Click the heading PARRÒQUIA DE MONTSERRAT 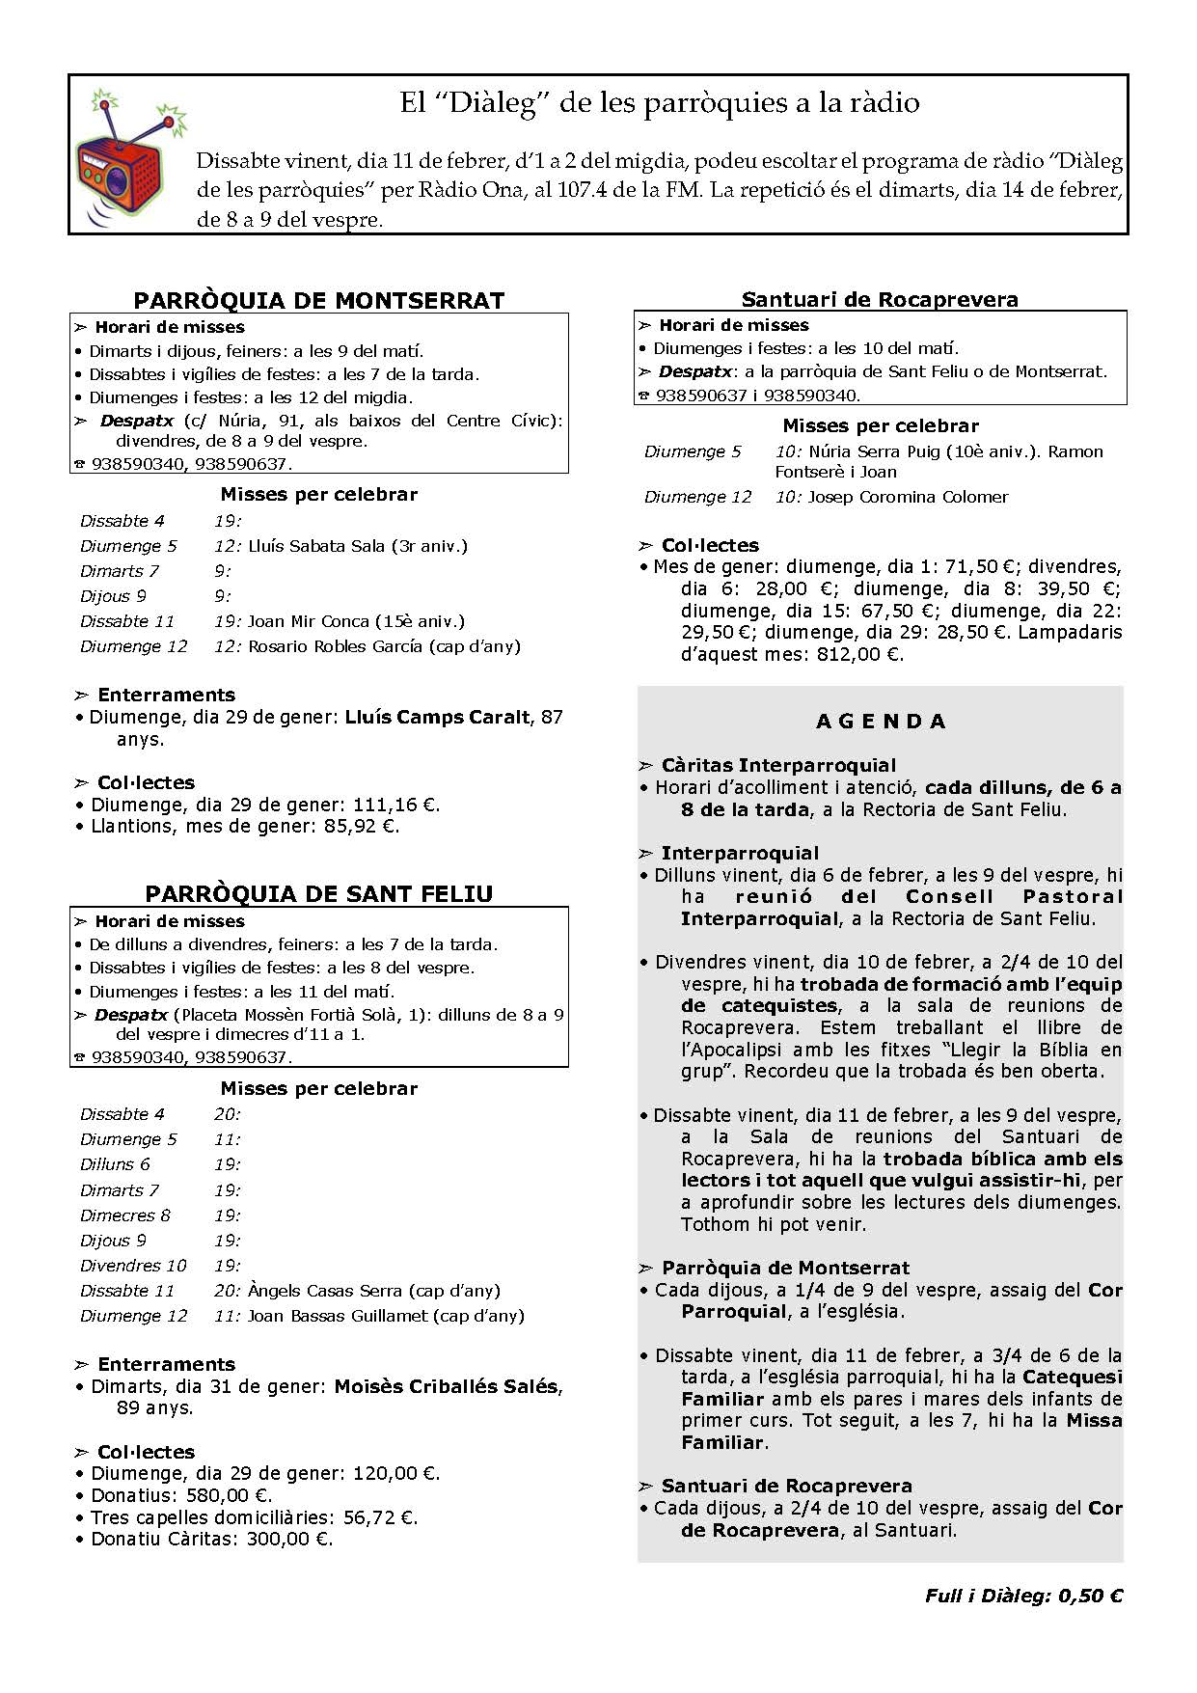point(318,300)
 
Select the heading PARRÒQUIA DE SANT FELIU point(318,893)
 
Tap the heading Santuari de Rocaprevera point(880,299)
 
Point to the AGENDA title point(881,721)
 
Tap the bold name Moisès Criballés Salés point(446,1386)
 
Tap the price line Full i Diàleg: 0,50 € point(1023,1596)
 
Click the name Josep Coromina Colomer point(908,497)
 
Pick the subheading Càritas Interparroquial point(778,765)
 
